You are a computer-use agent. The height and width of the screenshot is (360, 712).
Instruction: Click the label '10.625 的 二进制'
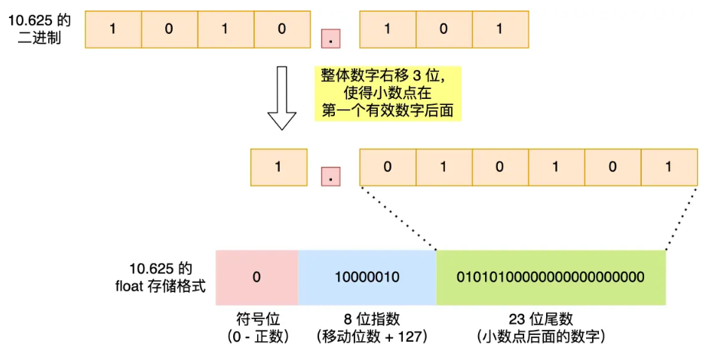pyautogui.click(x=39, y=29)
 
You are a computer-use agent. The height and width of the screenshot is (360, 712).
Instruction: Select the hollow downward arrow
pyautogui.click(x=282, y=97)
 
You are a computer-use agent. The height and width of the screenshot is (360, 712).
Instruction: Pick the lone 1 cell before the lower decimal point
pyautogui.click(x=278, y=167)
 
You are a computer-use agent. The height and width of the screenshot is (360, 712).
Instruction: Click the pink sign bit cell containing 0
pyautogui.click(x=256, y=277)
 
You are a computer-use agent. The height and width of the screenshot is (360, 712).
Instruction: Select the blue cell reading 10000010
pyautogui.click(x=367, y=277)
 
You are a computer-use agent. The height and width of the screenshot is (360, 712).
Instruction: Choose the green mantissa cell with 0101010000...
pyautogui.click(x=551, y=277)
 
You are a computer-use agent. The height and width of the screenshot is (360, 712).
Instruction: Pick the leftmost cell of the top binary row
pyautogui.click(x=113, y=29)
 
